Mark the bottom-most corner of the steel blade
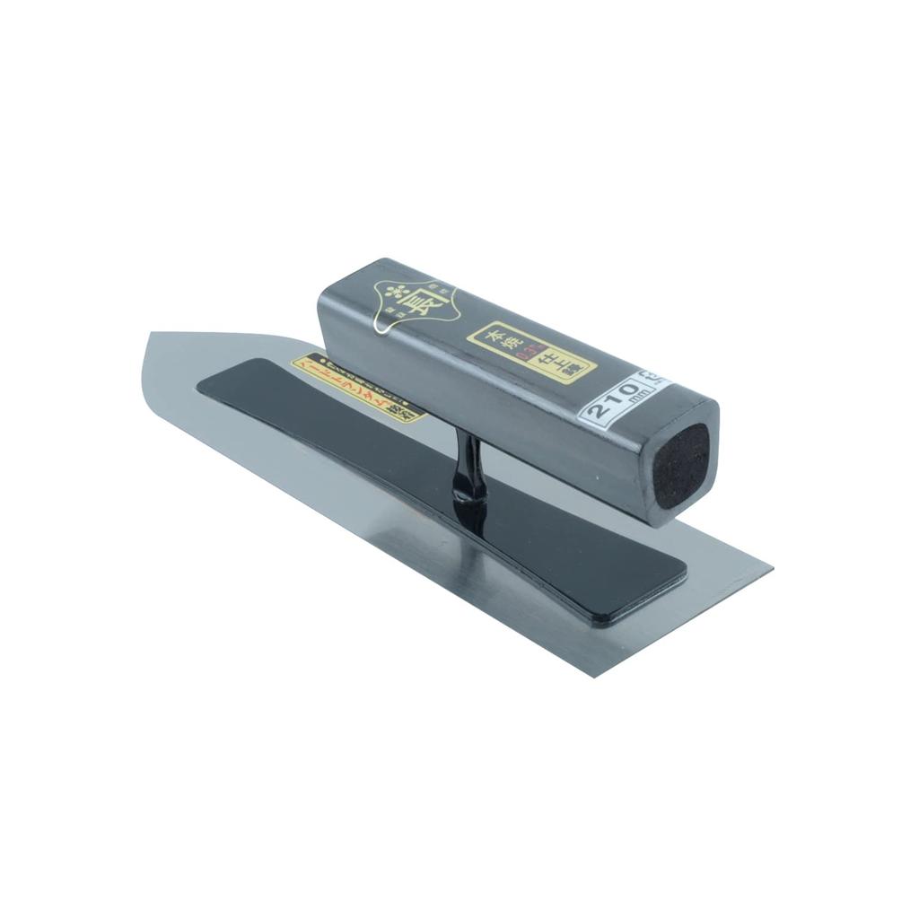tap(594, 675)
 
